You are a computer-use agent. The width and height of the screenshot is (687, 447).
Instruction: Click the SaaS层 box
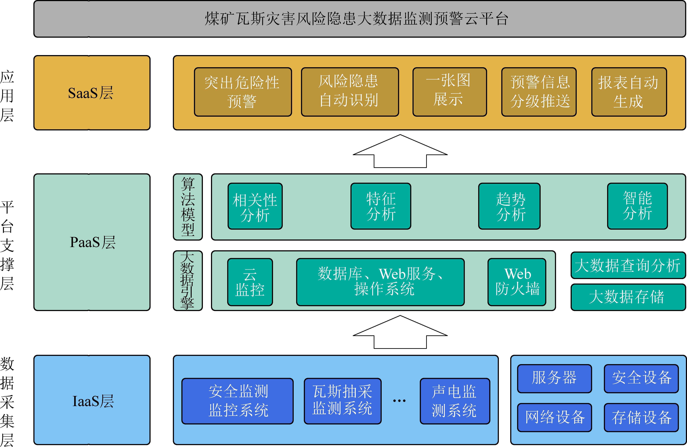pyautogui.click(x=92, y=93)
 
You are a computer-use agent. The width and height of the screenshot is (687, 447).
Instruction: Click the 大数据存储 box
pyautogui.click(x=628, y=297)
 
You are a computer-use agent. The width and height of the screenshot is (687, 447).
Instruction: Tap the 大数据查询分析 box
pyautogui.click(x=628, y=265)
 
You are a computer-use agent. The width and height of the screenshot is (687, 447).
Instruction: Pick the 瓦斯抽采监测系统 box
pyautogui.click(x=343, y=401)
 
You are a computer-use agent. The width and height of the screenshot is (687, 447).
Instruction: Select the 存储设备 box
pyautogui.click(x=641, y=417)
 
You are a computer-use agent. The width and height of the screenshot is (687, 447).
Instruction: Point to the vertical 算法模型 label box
pyautogui.click(x=188, y=207)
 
